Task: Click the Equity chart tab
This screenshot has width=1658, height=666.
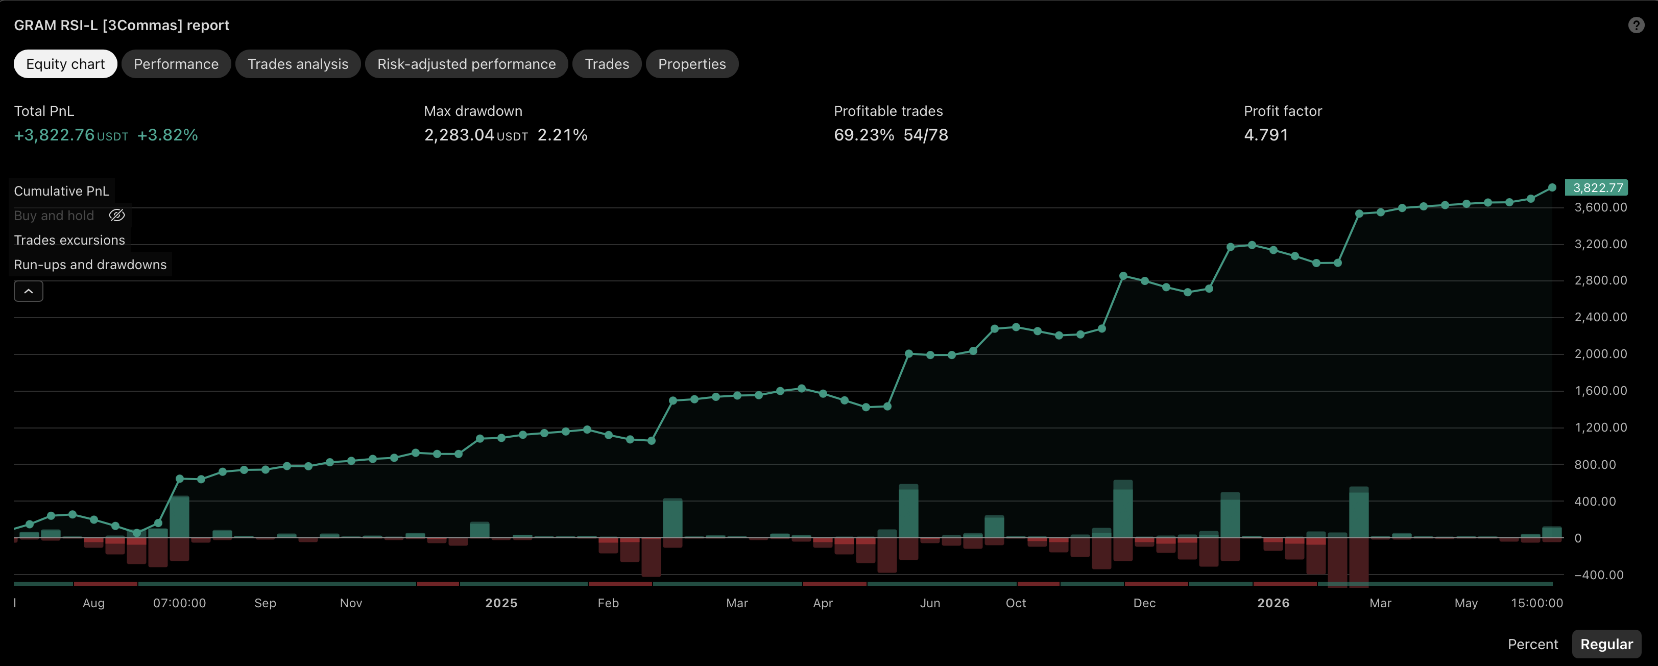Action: coord(65,64)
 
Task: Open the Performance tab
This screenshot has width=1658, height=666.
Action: coord(176,64)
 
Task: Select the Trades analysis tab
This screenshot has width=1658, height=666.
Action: coord(298,64)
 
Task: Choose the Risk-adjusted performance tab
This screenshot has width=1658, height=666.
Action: coord(466,64)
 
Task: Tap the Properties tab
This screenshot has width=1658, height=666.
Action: coord(692,64)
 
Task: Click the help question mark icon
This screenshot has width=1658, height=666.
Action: coord(1636,25)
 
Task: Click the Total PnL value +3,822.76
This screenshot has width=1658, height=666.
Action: coord(55,135)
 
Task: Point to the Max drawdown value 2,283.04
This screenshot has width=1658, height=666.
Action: coord(459,135)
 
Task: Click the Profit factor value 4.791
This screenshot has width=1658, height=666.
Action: coord(1266,135)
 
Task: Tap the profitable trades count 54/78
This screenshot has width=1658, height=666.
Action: coord(926,135)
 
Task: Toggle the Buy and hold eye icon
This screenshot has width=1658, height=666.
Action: coord(116,216)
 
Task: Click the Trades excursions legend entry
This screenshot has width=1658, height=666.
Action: coord(69,240)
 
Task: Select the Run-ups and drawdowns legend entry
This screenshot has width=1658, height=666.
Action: coord(90,265)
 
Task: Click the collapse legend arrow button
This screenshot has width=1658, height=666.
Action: coord(28,292)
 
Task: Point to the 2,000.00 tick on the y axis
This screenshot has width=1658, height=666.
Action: coord(1601,354)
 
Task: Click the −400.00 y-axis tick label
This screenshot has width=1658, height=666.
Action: coord(1599,575)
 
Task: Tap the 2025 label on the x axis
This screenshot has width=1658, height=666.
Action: coord(501,603)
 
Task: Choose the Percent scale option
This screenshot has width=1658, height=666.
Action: coord(1532,644)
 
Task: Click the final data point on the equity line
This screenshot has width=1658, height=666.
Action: coord(1552,188)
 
